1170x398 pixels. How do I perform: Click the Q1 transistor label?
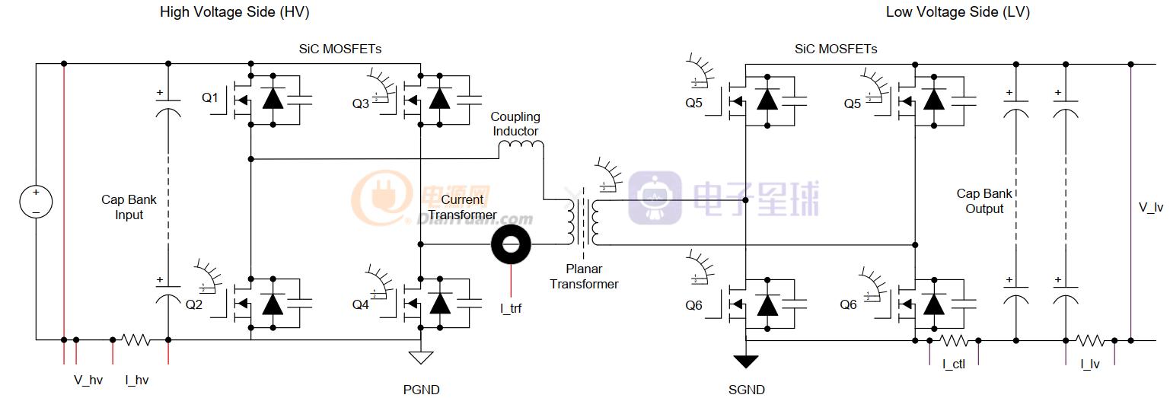point(209,98)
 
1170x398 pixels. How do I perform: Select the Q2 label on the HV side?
point(194,304)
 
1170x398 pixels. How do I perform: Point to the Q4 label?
point(360,304)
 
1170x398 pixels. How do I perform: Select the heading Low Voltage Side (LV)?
point(958,12)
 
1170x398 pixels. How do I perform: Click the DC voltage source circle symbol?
point(36,202)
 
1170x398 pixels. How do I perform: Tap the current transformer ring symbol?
point(512,245)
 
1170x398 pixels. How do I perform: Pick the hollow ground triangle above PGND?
point(420,357)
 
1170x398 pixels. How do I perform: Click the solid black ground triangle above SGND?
point(746,361)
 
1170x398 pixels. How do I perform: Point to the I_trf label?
point(511,308)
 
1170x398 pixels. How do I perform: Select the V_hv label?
point(88,380)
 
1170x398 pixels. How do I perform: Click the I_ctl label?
point(954,365)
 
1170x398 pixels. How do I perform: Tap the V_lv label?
point(1150,207)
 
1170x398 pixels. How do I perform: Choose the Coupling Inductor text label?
point(515,124)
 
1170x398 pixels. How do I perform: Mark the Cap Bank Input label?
point(129,207)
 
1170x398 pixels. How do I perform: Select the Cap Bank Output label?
point(984,201)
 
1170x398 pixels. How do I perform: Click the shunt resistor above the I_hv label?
point(136,339)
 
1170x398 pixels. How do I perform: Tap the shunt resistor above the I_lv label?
point(1089,339)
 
